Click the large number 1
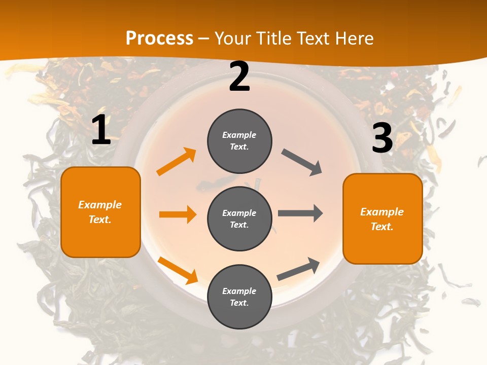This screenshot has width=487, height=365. point(101,130)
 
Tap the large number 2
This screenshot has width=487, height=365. point(239,77)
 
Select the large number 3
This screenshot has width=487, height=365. point(382,138)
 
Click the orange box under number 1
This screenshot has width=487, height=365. point(100,212)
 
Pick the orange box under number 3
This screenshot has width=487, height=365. point(382,218)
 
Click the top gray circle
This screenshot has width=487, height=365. point(239,141)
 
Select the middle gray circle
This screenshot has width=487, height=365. point(239,218)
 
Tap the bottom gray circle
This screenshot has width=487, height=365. point(239,297)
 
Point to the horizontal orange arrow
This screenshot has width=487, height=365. point(178,214)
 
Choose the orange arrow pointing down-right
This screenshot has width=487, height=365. point(178,270)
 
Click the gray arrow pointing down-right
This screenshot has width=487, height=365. point(302,162)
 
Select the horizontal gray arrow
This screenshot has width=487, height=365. point(300,213)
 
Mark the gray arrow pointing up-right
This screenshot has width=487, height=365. point(298,269)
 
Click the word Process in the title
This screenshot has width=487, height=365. point(159,38)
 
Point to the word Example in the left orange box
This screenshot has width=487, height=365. point(100,205)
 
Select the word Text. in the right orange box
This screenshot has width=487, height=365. point(382,227)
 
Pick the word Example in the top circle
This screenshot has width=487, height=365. point(239,135)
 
